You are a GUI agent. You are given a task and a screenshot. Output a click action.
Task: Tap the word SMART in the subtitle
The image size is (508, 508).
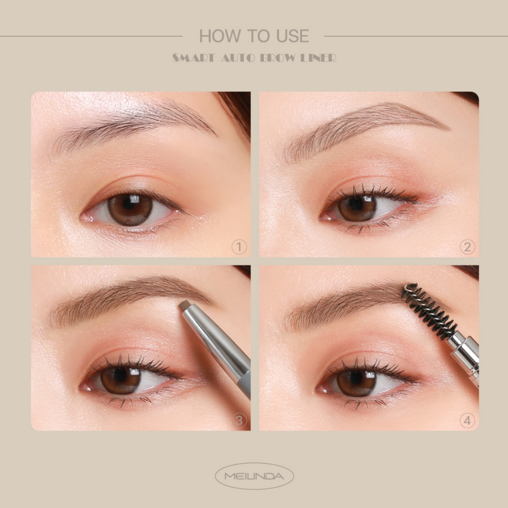(193, 58)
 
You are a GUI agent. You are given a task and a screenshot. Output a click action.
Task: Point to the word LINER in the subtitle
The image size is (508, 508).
(318, 58)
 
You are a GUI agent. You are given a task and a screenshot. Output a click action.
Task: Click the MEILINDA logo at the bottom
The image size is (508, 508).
(254, 476)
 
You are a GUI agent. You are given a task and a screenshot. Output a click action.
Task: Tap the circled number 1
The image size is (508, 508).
(239, 247)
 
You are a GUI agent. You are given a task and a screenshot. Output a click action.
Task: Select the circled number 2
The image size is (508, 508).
(467, 247)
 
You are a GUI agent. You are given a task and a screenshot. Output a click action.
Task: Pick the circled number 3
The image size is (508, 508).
(239, 421)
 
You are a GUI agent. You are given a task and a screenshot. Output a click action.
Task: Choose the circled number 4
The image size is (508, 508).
(467, 421)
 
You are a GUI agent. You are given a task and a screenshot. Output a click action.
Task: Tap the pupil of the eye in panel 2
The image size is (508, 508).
(356, 204)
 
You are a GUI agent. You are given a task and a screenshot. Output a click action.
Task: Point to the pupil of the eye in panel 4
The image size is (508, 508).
(356, 378)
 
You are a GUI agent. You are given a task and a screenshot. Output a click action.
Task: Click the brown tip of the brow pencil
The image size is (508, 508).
(186, 305)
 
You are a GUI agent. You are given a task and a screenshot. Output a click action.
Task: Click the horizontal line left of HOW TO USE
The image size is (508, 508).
(91, 36)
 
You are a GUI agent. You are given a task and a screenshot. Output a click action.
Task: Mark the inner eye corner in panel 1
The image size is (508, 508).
(83, 218)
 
